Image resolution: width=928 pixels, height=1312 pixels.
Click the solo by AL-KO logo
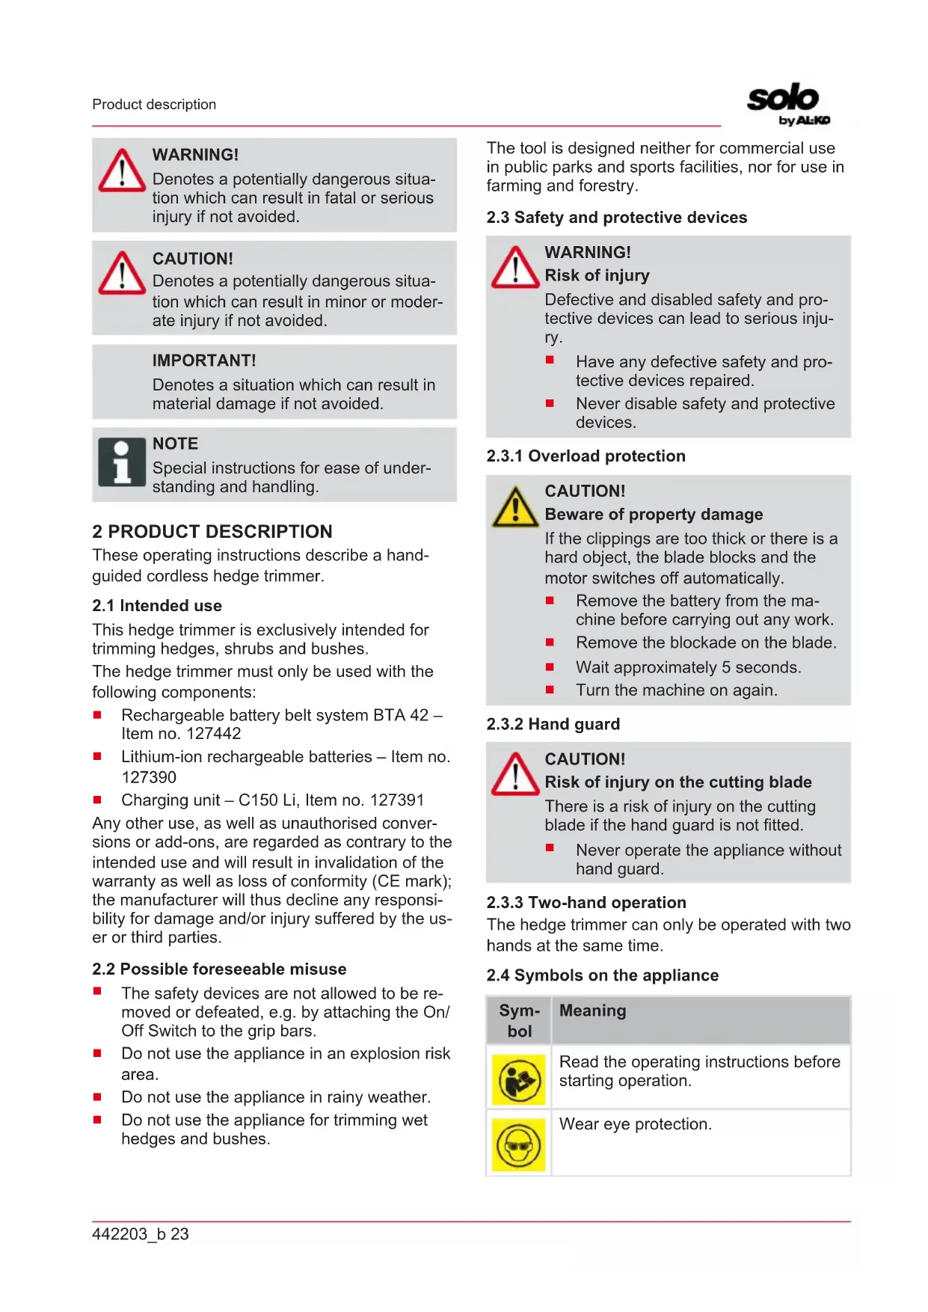click(787, 104)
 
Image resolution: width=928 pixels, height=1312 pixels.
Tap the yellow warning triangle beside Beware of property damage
click(514, 508)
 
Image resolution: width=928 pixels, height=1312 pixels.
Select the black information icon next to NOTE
click(121, 462)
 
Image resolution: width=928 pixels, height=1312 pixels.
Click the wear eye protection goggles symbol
click(518, 1144)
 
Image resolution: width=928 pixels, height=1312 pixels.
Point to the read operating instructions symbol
click(518, 1079)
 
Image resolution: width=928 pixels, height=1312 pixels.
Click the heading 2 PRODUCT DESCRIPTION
click(212, 532)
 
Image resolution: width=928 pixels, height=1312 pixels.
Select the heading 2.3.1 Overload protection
click(586, 456)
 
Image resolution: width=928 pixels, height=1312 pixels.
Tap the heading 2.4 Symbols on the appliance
click(602, 975)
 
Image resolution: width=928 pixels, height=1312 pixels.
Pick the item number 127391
click(397, 800)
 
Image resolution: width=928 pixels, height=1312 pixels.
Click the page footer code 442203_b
click(129, 1234)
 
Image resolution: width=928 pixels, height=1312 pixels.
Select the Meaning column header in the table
click(593, 1011)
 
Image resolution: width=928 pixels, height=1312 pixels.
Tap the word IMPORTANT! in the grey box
click(204, 361)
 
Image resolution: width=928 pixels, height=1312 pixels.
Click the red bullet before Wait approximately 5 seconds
click(550, 666)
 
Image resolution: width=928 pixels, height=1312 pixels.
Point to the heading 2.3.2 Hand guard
click(553, 724)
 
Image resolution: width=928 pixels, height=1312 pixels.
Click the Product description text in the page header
click(154, 105)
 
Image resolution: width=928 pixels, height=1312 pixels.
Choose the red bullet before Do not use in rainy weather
click(97, 1097)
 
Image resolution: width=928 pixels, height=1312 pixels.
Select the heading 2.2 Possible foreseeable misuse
click(219, 969)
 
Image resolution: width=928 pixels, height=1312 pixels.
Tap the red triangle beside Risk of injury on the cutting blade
click(514, 775)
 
